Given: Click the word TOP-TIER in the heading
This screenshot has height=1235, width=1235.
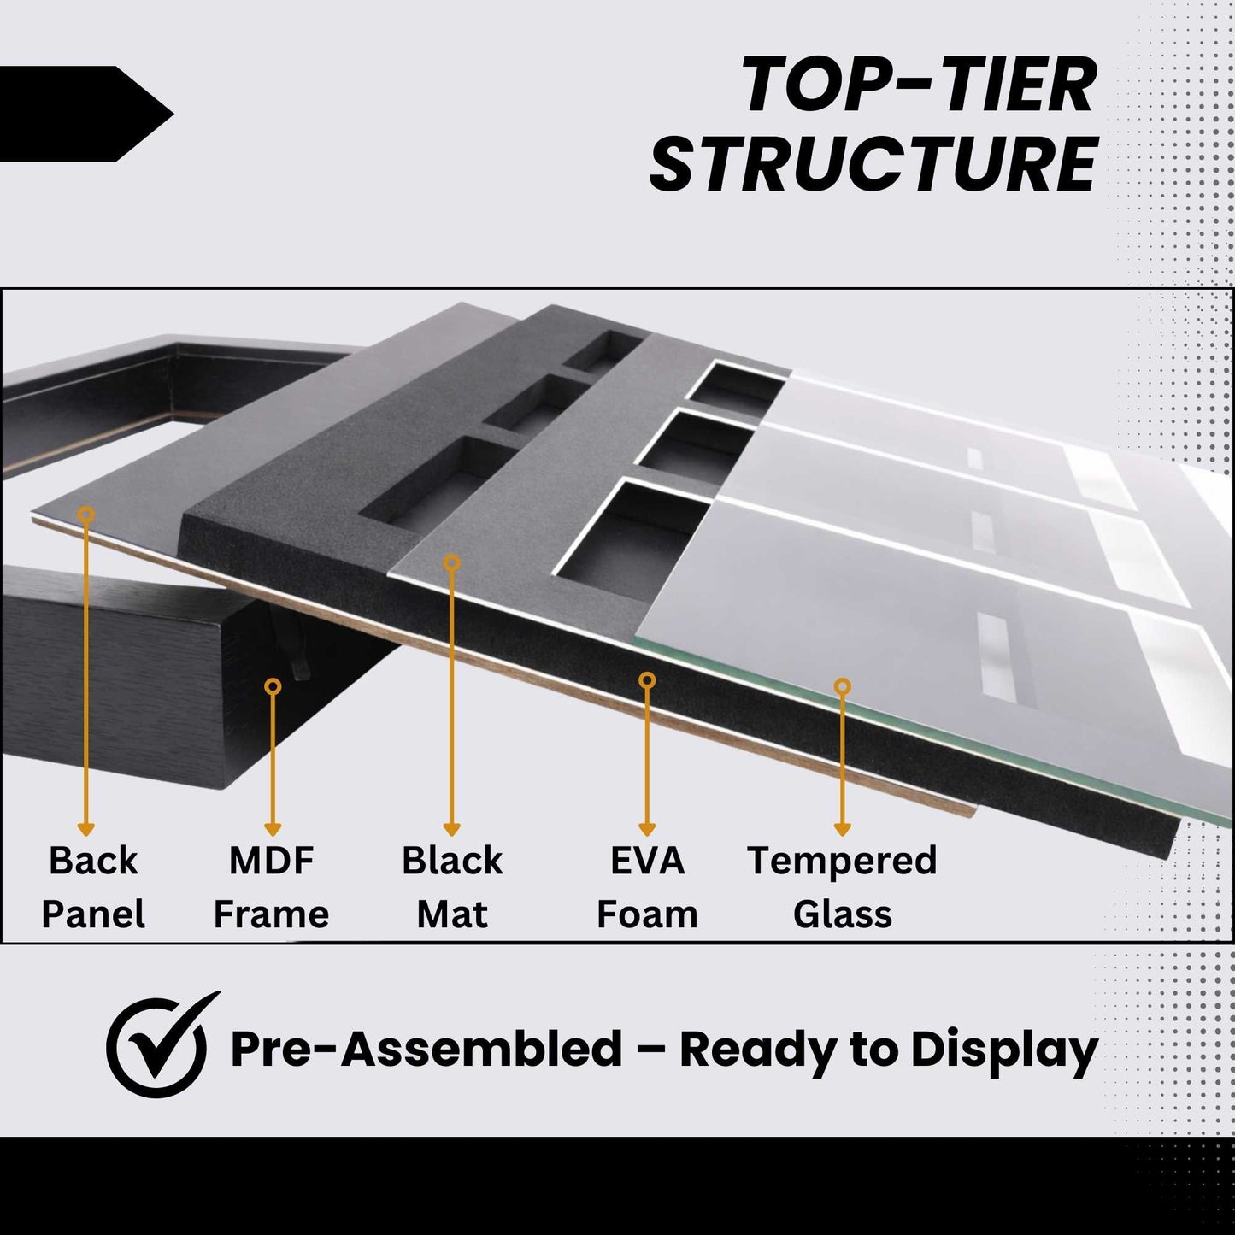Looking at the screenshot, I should tap(919, 85).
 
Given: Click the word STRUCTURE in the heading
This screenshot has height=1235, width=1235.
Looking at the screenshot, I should tap(873, 164).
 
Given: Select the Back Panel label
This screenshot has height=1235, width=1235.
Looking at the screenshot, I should tap(93, 887).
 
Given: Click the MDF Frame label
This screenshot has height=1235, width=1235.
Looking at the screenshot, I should tap(271, 887).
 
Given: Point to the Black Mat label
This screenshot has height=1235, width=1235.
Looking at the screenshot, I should tap(452, 887).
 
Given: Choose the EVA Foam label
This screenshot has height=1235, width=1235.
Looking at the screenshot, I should tap(647, 887).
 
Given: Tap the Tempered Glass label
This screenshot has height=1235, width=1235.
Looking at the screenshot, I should tap(842, 887).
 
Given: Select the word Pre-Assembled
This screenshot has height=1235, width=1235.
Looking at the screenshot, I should tap(426, 1049).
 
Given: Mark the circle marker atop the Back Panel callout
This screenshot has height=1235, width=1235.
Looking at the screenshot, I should tap(85, 514).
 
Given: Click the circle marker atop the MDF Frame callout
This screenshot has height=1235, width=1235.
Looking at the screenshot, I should tap(273, 686).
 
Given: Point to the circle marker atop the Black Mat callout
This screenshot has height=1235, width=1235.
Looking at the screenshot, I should tap(452, 562).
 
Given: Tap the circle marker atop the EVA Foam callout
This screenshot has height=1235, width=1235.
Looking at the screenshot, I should tap(647, 680).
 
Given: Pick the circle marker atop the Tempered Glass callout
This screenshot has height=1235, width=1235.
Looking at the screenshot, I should tap(842, 686).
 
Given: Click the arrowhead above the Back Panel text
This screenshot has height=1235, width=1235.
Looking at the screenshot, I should tap(85, 829).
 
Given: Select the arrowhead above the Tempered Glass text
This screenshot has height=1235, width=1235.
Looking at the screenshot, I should tap(842, 829).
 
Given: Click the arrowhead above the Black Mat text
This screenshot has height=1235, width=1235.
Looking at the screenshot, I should tap(452, 829).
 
